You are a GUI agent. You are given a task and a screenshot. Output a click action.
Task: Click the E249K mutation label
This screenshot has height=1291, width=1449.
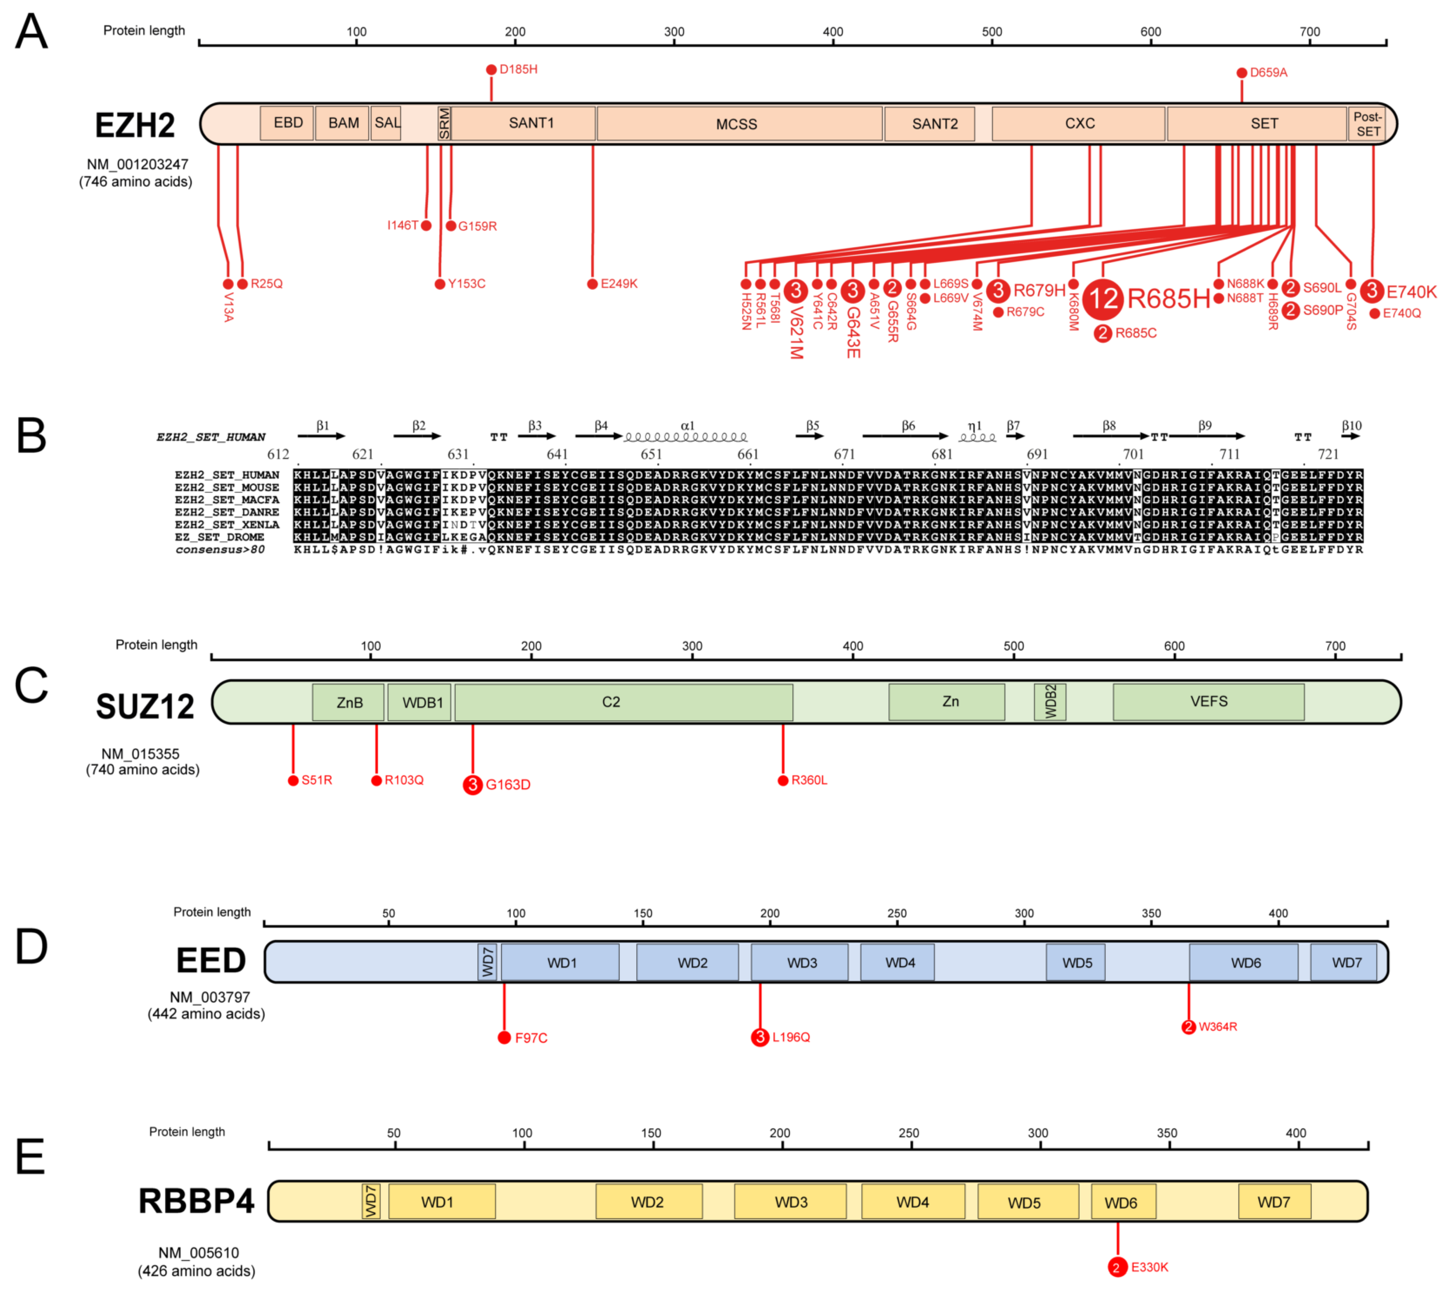pos(619,284)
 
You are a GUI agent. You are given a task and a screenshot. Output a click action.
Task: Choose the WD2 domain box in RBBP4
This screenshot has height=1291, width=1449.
pos(647,1202)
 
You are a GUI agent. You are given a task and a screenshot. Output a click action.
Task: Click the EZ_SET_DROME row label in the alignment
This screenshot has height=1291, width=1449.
pos(219,537)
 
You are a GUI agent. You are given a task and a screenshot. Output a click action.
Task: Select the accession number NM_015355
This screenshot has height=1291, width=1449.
pos(141,754)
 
